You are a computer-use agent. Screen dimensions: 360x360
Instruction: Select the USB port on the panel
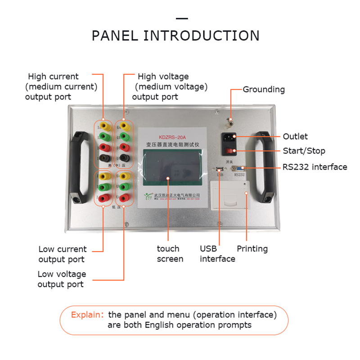tap(219, 169)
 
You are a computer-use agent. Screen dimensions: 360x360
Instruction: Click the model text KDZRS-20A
tap(171, 136)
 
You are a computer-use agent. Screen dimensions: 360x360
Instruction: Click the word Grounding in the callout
tap(264, 90)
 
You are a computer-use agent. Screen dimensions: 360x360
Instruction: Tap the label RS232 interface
tap(315, 167)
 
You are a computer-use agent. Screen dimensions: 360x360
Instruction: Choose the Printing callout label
tap(252, 249)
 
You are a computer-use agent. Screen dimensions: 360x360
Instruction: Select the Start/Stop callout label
tap(304, 151)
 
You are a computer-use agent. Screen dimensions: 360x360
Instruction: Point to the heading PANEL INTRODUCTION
tap(175, 36)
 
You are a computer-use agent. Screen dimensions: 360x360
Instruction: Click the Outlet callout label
tap(295, 136)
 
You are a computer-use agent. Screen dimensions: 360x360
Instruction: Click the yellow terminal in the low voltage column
tap(125, 175)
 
